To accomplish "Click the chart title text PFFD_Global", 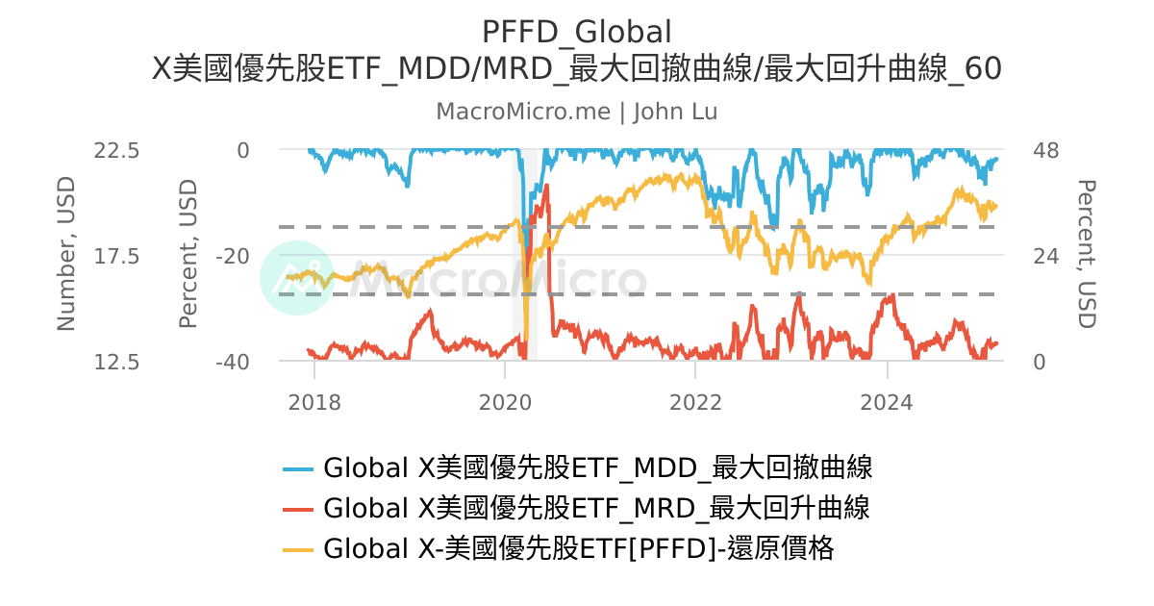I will coord(576,32).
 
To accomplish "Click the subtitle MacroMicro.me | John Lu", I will coord(576,112).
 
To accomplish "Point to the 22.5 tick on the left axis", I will coord(117,150).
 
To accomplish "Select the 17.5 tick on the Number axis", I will coord(117,256).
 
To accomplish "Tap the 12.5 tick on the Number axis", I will coord(117,362).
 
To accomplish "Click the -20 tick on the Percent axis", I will coord(231,256).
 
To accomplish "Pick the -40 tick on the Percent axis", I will coord(231,362).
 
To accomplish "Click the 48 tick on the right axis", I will coord(1045,150).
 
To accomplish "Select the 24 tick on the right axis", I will coord(1045,256).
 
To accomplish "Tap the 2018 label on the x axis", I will coord(314,401).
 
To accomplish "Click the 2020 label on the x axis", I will coord(505,401).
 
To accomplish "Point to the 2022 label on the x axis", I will coord(695,401).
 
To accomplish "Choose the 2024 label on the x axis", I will coord(887,401).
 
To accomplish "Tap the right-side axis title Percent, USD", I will coord(1086,254).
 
